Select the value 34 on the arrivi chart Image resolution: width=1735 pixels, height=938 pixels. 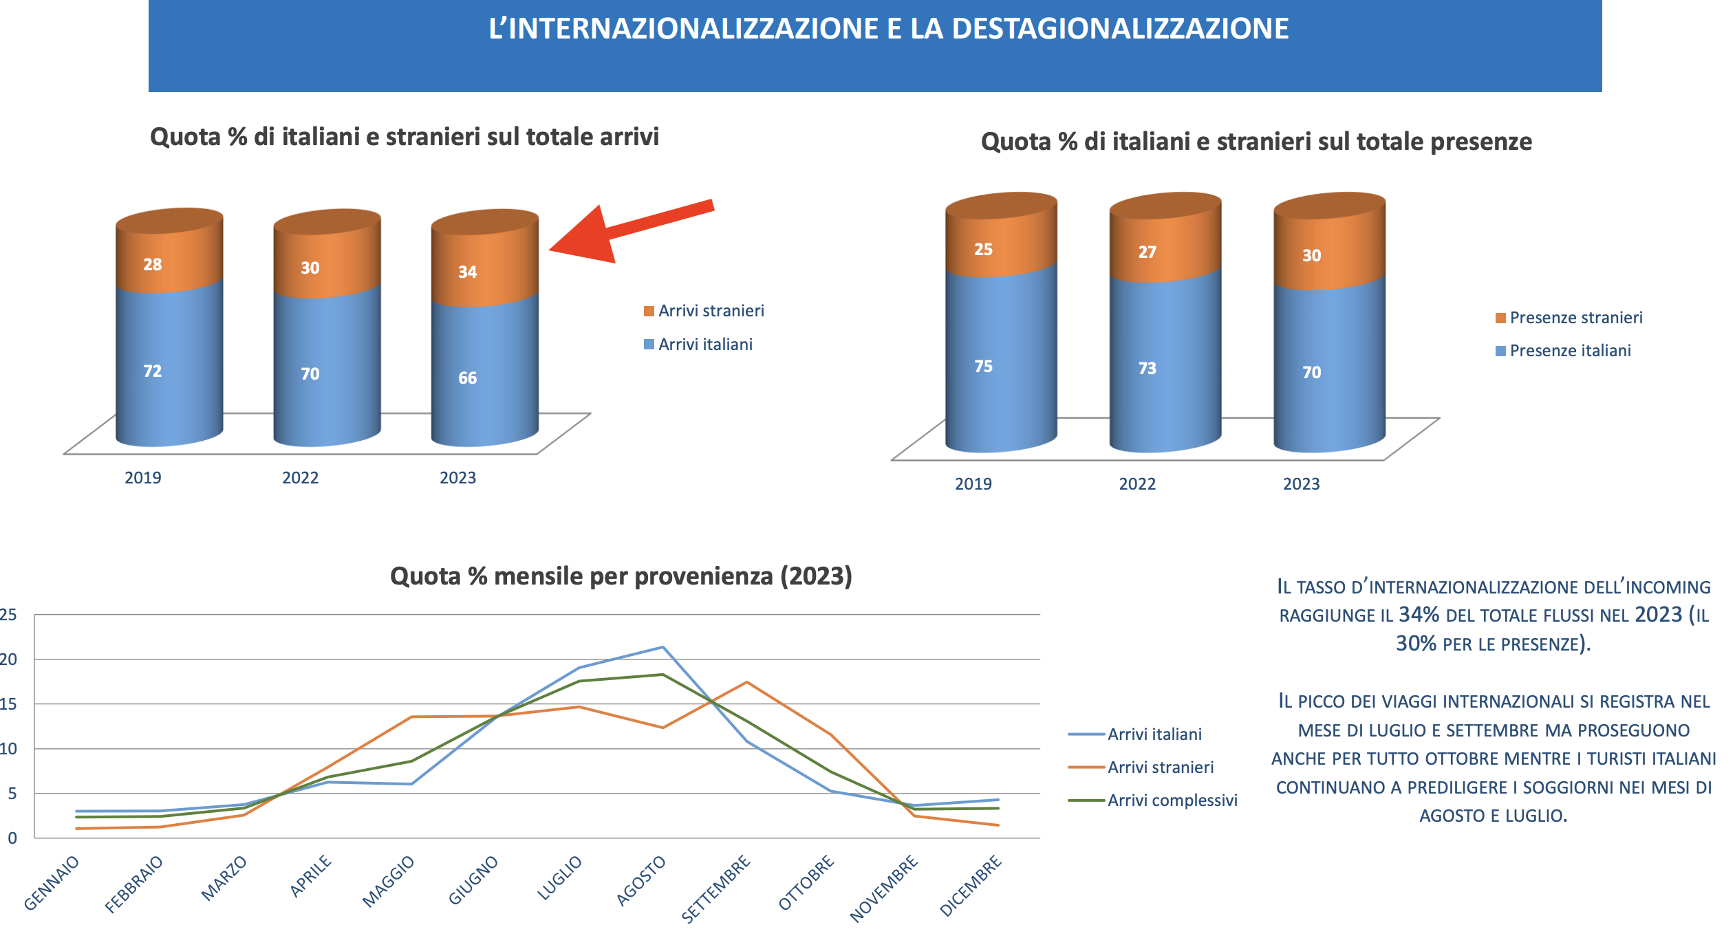click(468, 272)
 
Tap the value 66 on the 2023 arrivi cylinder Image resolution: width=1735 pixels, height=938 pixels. click(468, 378)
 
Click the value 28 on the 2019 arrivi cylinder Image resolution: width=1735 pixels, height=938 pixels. click(153, 265)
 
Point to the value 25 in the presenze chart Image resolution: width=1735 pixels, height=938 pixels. click(984, 250)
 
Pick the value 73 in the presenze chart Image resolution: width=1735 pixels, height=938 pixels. click(1147, 369)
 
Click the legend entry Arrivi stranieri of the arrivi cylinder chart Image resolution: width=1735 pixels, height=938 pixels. click(711, 311)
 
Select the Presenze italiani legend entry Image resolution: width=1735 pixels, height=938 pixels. click(1570, 351)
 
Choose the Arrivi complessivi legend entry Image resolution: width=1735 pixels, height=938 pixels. click(1172, 800)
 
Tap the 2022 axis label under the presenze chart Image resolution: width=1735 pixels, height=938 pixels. click(1137, 484)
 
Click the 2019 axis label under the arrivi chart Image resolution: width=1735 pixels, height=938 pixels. click(143, 478)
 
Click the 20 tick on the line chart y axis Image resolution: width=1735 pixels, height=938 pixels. click(9, 659)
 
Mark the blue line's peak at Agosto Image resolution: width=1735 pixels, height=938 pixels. click(662, 647)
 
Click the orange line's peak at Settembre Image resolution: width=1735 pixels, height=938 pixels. click(746, 682)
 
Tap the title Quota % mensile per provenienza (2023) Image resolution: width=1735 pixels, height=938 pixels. click(621, 576)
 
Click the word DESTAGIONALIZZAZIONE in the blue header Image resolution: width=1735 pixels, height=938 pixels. click(1120, 29)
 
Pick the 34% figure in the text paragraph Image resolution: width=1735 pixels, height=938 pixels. click(1419, 615)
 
